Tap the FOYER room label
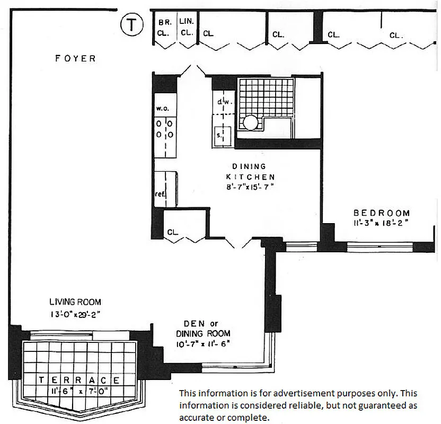coord(76,58)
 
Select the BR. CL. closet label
coord(163,28)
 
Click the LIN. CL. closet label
coord(186,28)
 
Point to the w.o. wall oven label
coord(162,108)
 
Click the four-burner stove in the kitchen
coord(163,129)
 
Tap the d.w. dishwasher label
coord(222,101)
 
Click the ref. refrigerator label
coord(160,194)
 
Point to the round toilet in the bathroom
coord(251,123)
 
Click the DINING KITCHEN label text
coord(250,172)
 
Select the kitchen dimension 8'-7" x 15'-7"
coord(250,187)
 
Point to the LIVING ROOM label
coord(75,302)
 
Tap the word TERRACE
coord(79,380)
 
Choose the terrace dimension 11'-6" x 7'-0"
coord(79,392)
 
